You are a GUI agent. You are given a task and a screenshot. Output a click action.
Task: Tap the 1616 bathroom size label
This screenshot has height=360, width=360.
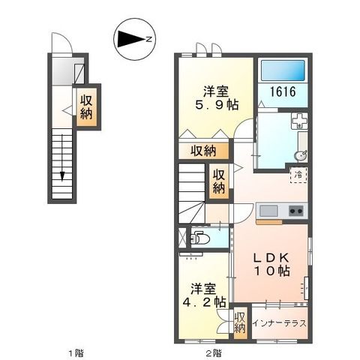point(283,93)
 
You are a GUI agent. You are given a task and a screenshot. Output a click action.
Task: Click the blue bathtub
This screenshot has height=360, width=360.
point(282,72)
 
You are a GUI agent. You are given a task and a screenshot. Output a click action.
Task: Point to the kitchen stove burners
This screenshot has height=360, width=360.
point(295,211)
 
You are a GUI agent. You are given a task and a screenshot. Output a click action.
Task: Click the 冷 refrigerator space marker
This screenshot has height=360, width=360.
point(298,175)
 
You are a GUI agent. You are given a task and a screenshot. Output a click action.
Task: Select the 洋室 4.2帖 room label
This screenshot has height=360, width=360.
point(202,295)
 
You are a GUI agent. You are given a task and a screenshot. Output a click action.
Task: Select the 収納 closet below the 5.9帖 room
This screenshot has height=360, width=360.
point(203,151)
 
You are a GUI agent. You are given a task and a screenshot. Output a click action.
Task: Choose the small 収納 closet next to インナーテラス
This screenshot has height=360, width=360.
point(240,323)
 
